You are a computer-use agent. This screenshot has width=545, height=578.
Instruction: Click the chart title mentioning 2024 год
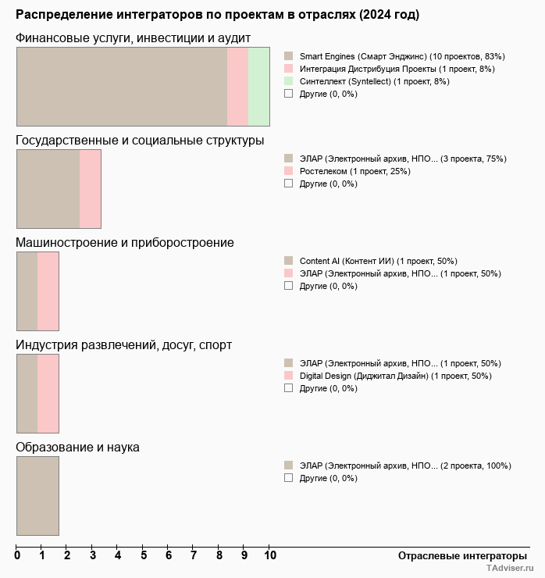[x=217, y=15]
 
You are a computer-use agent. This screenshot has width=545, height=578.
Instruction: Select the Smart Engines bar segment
[x=122, y=87]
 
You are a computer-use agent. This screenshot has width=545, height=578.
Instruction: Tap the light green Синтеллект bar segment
[x=258, y=87]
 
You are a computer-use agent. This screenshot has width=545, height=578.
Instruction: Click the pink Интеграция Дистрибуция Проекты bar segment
[x=237, y=87]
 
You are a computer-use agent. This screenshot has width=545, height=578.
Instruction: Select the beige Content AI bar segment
[x=27, y=291]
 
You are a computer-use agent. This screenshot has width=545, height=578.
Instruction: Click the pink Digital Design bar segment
[x=48, y=394]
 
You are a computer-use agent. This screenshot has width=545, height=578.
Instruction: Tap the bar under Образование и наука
[x=37, y=496]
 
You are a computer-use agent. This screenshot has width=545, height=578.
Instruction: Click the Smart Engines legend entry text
[x=402, y=57]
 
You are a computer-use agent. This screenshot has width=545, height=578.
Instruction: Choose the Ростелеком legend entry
[x=354, y=172]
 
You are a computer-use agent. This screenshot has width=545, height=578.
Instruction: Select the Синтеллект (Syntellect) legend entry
[x=374, y=82]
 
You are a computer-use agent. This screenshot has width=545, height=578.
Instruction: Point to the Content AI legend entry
[x=378, y=262]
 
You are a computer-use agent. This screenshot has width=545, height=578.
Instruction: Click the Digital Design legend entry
[x=395, y=376]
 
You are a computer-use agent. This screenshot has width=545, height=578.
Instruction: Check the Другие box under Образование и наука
[x=288, y=478]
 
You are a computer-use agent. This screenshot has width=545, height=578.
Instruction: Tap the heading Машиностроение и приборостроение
[x=125, y=243]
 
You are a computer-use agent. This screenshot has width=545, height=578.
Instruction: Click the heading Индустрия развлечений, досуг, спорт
[x=123, y=345]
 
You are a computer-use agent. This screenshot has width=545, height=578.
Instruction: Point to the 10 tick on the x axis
[x=269, y=556]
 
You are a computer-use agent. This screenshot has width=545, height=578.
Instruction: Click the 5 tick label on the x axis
[x=144, y=556]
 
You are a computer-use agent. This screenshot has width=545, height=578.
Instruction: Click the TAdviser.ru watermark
[x=510, y=569]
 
